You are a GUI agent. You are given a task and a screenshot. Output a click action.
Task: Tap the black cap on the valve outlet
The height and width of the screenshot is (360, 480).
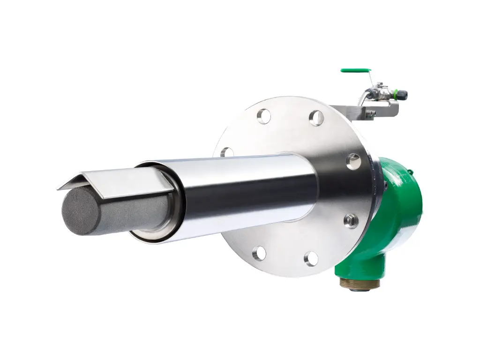[x=403, y=95]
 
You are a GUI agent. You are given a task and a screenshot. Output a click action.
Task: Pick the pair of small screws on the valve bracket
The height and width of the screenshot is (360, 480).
[x=371, y=113]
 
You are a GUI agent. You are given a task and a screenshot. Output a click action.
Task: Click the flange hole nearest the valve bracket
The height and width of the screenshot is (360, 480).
[x=317, y=118]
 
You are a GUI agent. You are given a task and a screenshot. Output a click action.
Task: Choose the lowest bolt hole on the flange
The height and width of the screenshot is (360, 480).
[x=311, y=258]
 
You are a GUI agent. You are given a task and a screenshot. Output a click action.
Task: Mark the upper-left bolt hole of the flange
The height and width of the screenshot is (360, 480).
[x=264, y=116]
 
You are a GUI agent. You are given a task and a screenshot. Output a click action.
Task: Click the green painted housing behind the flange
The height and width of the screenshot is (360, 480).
[x=398, y=211]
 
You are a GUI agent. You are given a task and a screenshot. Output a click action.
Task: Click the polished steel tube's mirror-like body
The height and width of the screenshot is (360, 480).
[x=244, y=192]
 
